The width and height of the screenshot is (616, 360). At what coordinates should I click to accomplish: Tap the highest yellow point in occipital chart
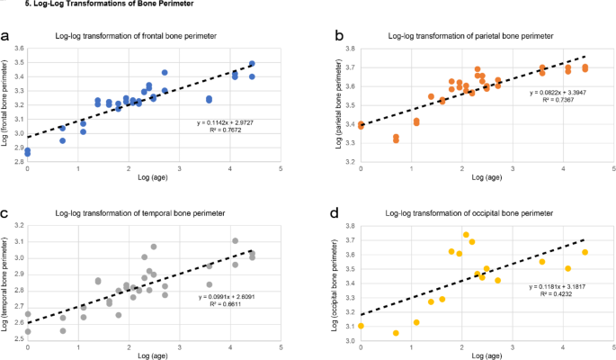point(466,235)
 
